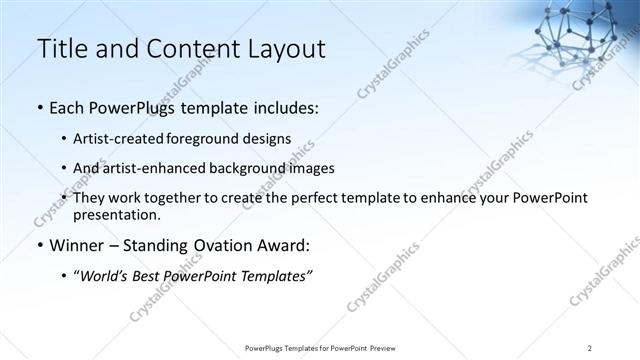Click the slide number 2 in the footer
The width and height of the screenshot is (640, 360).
coord(590,348)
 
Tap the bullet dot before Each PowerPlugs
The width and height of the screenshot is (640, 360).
coord(39,107)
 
